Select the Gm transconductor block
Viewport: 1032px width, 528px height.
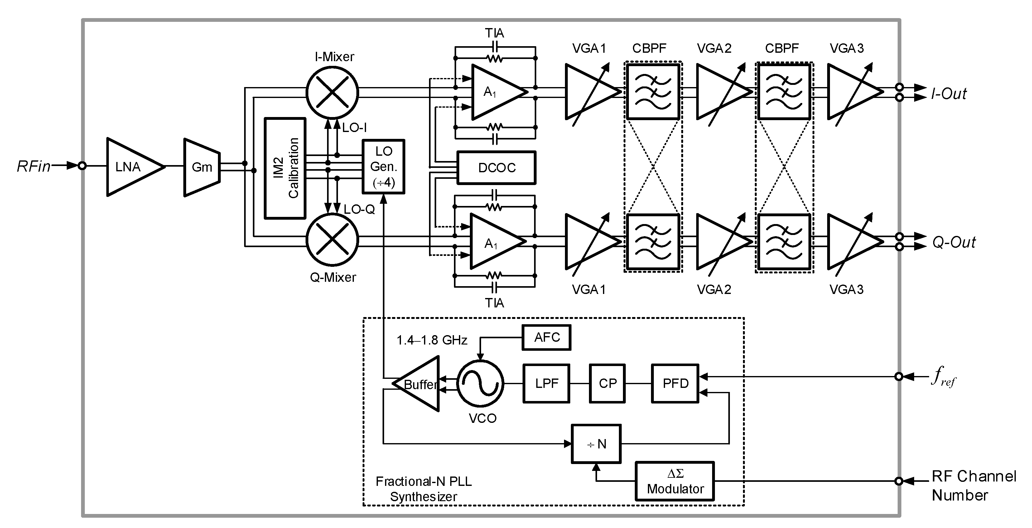click(201, 167)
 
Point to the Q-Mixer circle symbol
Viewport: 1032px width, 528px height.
click(332, 240)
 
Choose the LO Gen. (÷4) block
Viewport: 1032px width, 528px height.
click(383, 167)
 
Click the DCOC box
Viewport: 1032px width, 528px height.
click(496, 168)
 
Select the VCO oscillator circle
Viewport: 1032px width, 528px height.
click(480, 383)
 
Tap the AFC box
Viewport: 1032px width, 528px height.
click(547, 338)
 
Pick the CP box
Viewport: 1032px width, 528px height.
click(607, 383)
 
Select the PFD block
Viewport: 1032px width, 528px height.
click(675, 383)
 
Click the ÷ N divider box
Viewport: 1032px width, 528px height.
click(596, 444)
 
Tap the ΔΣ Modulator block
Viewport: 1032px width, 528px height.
click(675, 482)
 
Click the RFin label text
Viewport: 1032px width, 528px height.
click(34, 166)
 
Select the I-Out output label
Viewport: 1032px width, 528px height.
click(949, 94)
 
